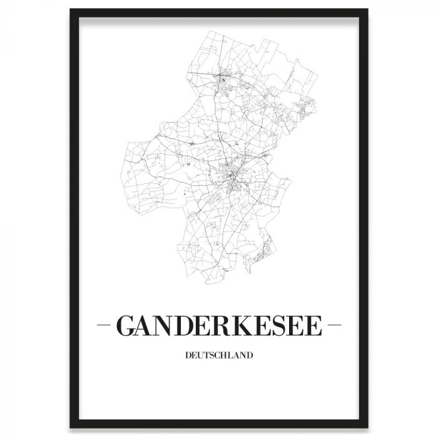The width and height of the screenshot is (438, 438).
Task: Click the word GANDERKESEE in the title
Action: (218, 326)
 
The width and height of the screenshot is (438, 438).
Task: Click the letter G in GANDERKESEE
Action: (126, 326)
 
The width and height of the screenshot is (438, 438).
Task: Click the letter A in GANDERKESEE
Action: (145, 326)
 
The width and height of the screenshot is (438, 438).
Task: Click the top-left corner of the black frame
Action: (71, 10)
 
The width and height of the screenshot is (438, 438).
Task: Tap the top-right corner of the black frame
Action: (368, 10)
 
